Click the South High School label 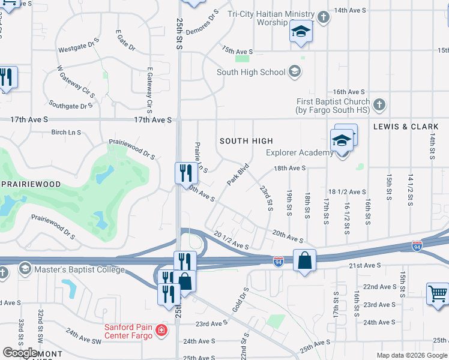coord(251,72)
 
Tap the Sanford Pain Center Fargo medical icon coord(161,330)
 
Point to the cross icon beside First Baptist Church coord(378,106)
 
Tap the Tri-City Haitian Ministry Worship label coord(272,18)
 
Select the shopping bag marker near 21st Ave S coord(305,261)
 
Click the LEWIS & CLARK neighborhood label coord(406,127)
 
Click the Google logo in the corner coord(20,353)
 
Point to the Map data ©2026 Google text coord(411,355)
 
